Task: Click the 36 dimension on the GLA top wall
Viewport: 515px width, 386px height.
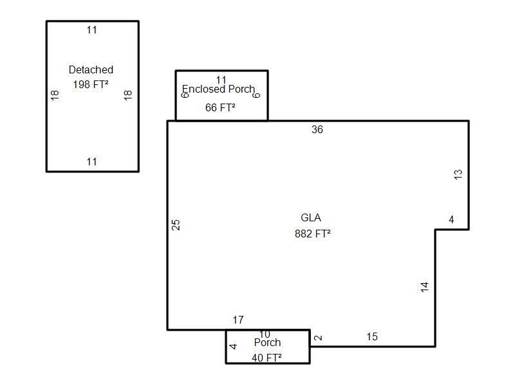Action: [317, 130]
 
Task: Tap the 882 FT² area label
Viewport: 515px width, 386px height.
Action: [313, 234]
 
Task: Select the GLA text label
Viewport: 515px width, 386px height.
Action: [311, 217]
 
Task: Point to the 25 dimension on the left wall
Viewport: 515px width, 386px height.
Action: [176, 225]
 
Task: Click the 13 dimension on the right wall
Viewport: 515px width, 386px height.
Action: [458, 174]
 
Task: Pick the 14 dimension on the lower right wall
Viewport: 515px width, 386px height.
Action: [424, 288]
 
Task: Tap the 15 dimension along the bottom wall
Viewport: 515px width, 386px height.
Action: [372, 336]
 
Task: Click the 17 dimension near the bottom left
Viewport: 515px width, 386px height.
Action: [238, 320]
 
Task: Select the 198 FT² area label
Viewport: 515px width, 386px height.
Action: [91, 84]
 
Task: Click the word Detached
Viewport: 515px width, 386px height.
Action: [91, 69]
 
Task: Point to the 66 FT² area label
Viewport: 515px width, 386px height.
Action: [220, 108]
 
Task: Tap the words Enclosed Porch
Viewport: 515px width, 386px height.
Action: [218, 89]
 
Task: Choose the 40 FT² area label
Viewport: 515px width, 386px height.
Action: [267, 358]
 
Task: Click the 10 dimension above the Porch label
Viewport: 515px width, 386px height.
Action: [265, 335]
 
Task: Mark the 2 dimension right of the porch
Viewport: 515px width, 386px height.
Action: [317, 338]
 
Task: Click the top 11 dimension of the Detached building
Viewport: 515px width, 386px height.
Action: [92, 30]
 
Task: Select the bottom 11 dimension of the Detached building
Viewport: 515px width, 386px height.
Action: [92, 161]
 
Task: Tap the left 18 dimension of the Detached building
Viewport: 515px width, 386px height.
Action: [55, 95]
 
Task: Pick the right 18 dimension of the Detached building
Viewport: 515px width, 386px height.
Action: [127, 95]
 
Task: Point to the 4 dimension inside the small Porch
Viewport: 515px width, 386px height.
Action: [234, 346]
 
